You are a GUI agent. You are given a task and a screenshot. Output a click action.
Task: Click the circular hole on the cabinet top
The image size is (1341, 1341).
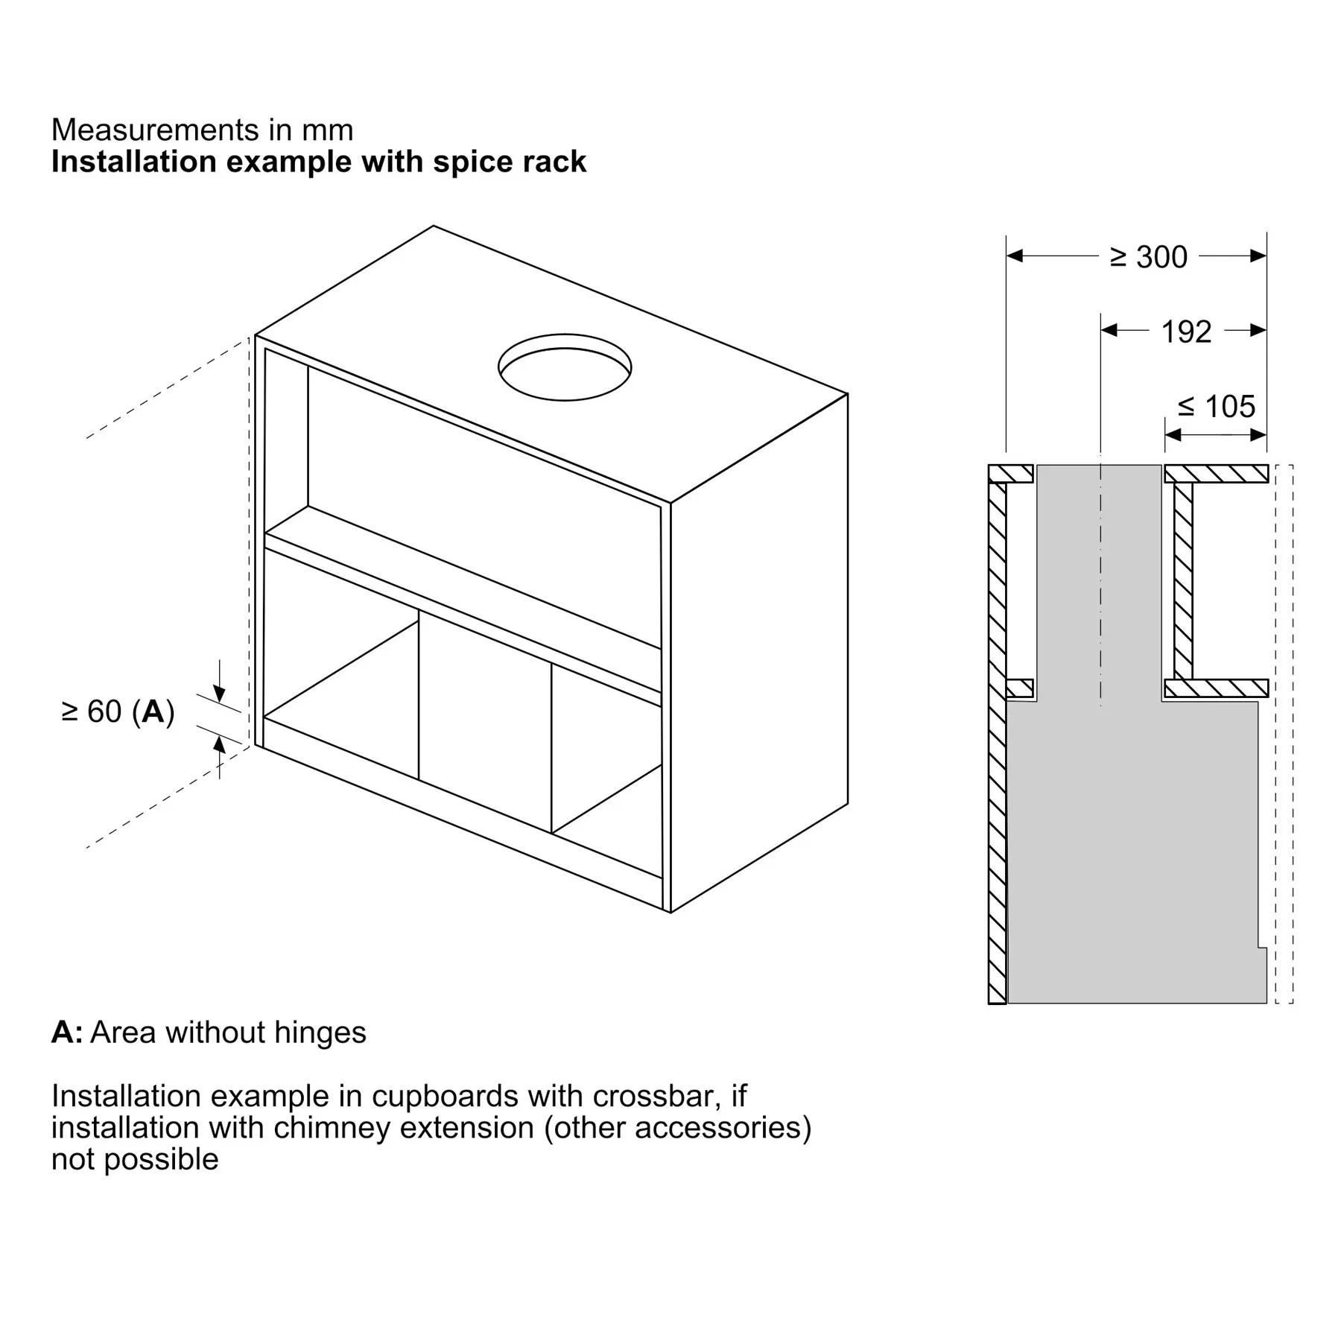[x=565, y=367]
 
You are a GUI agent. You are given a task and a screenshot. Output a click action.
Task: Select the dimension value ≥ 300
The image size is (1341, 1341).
[x=1149, y=257]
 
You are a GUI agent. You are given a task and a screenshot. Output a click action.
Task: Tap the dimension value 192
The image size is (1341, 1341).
[x=1186, y=332]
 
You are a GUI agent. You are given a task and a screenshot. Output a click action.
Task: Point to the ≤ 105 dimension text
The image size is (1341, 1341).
[x=1217, y=407]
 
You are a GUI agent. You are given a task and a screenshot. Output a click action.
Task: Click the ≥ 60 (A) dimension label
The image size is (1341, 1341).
[x=118, y=711]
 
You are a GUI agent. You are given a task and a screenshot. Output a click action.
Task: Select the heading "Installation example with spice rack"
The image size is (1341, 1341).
[x=319, y=162]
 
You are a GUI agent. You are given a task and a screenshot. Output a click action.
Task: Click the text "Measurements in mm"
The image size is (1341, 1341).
[x=202, y=130]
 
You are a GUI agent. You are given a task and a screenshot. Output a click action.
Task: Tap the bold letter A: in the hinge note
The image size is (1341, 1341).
[x=67, y=1033]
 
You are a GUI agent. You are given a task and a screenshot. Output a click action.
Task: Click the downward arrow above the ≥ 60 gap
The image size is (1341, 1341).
[x=220, y=694]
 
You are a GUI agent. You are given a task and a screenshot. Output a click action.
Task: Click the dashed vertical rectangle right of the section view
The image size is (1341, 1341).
[x=1284, y=734]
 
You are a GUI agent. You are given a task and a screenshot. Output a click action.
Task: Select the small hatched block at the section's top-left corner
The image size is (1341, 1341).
[x=1011, y=474]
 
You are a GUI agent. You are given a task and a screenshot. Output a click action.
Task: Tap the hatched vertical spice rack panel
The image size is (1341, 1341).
[x=1183, y=581]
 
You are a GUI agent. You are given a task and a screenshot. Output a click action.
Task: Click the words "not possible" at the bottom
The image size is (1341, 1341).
[x=135, y=1159]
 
